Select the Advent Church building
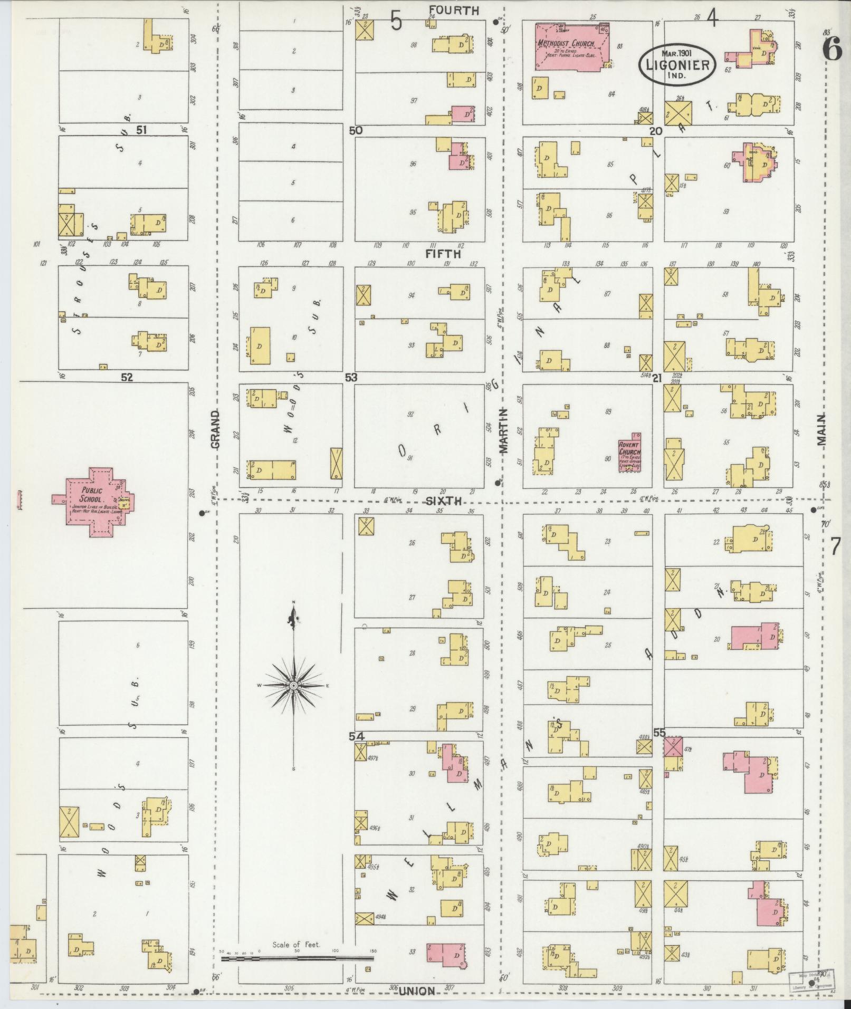click(630, 453)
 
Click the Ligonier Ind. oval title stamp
click(677, 64)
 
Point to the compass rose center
click(293, 685)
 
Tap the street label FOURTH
click(454, 11)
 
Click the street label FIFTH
click(444, 254)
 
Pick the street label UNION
click(416, 991)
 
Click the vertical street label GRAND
click(215, 430)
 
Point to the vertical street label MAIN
click(821, 430)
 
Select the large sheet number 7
click(835, 547)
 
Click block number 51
click(141, 130)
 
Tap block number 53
click(351, 378)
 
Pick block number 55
click(659, 732)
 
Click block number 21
click(656, 378)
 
